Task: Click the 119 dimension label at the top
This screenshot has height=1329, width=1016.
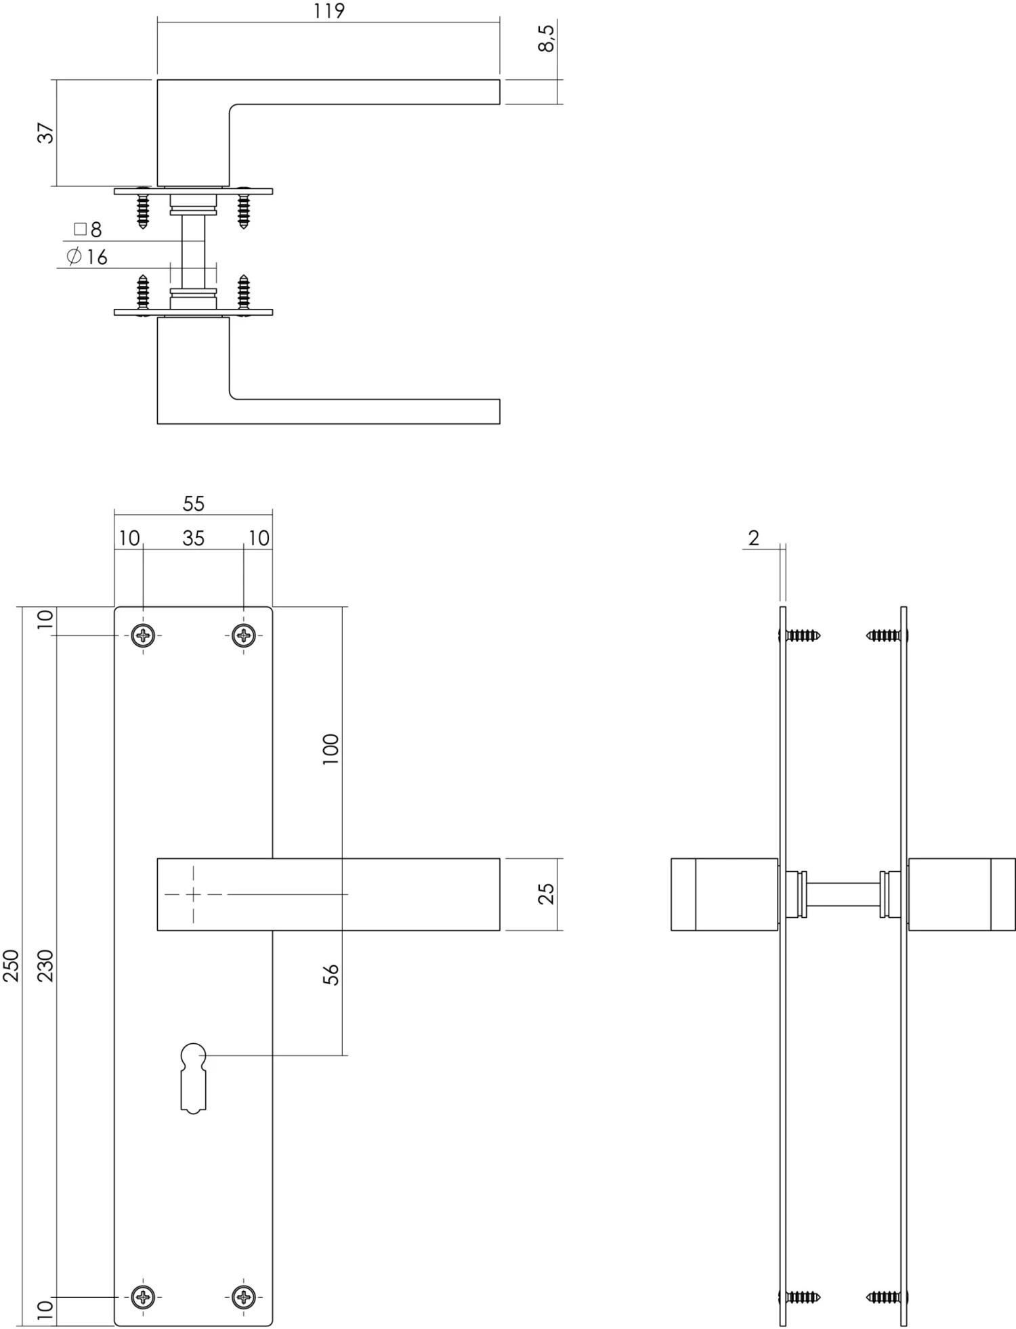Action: [329, 12]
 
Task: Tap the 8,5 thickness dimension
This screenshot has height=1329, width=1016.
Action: [547, 37]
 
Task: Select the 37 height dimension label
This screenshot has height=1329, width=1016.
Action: [45, 133]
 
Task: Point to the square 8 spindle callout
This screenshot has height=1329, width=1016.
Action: [88, 230]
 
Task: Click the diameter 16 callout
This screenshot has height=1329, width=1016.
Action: [87, 257]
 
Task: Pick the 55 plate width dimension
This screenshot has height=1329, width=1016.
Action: [193, 503]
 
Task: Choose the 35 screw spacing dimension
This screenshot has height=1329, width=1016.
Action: [193, 539]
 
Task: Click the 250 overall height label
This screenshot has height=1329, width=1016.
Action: [12, 965]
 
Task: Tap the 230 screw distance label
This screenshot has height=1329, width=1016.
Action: [45, 965]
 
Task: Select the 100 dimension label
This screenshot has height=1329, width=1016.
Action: [331, 748]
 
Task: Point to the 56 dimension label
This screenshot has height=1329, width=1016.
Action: [331, 975]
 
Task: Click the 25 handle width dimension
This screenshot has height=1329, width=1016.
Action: [546, 893]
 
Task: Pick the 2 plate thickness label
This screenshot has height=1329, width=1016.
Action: [754, 539]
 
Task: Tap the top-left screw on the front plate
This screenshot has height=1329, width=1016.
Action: [143, 635]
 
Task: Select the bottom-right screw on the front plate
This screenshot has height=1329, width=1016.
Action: [244, 1296]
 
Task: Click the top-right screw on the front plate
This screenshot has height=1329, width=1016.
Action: [244, 635]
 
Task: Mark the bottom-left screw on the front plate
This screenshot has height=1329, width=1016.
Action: [143, 1296]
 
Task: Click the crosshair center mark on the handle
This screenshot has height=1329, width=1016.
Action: [193, 894]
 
